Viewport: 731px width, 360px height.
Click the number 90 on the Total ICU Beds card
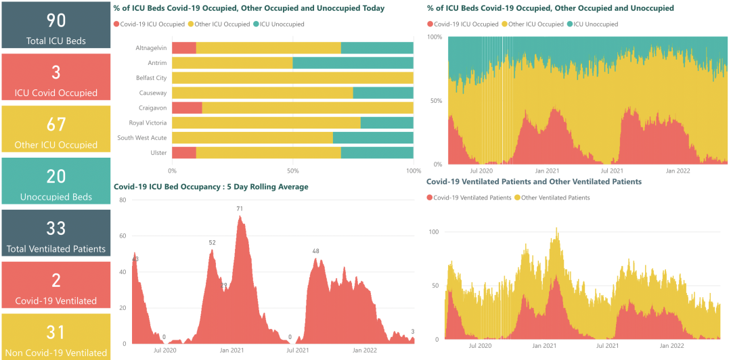click(x=56, y=20)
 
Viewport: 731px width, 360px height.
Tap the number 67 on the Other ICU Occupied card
click(x=56, y=125)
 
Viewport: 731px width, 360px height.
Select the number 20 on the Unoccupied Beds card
click(x=56, y=177)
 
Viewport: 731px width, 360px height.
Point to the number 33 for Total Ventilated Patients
click(x=56, y=228)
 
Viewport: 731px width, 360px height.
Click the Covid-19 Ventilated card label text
click(x=56, y=300)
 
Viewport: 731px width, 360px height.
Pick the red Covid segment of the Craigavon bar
click(x=187, y=108)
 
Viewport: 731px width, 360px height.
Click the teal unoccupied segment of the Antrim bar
click(x=353, y=63)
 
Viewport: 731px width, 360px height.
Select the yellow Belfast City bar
click(x=292, y=78)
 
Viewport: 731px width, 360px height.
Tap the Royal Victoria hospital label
click(x=148, y=122)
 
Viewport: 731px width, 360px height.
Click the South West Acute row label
click(x=141, y=137)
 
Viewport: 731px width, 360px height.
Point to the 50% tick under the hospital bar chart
click(x=292, y=170)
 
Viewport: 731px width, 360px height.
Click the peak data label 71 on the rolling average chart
click(x=240, y=208)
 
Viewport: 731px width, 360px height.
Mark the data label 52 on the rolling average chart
click(x=212, y=242)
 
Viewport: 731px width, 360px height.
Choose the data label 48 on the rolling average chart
click(x=315, y=251)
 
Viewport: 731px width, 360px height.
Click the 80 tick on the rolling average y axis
click(x=123, y=200)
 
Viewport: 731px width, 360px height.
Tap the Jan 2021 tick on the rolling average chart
click(x=232, y=350)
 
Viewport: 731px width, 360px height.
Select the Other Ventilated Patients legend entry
click(x=552, y=198)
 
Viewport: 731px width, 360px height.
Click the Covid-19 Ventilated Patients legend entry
click(x=472, y=198)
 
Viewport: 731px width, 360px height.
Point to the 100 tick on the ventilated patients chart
click(x=434, y=231)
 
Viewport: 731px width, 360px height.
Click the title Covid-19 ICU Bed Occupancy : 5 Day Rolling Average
click(x=211, y=187)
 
